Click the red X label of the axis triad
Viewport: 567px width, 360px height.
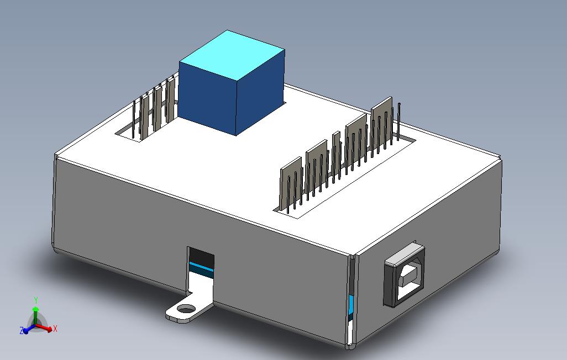pyautogui.click(x=55, y=329)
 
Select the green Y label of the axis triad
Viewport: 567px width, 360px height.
pyautogui.click(x=36, y=300)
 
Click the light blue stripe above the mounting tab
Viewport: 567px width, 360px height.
pyautogui.click(x=201, y=269)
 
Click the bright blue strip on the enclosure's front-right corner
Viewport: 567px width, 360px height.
pyautogui.click(x=350, y=304)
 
